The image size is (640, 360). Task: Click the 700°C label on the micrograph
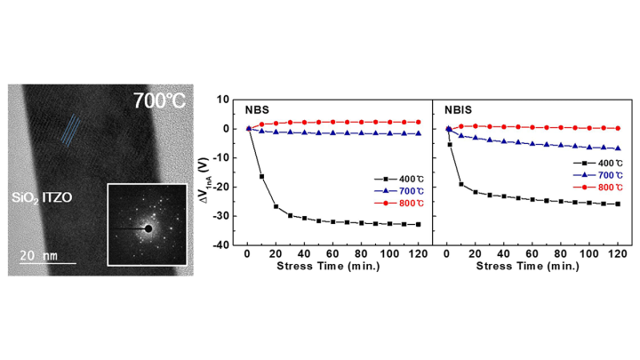(x=159, y=100)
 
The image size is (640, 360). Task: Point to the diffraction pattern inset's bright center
(x=148, y=228)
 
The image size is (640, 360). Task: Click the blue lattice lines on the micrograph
(x=74, y=132)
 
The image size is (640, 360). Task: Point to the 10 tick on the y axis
(x=226, y=100)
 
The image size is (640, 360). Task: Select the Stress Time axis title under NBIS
(x=531, y=266)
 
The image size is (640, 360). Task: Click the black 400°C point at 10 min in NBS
(x=261, y=177)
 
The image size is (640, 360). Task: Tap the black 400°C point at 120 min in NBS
(x=419, y=224)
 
